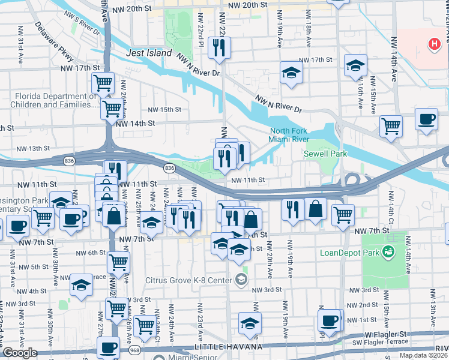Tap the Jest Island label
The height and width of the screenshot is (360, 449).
tap(149, 53)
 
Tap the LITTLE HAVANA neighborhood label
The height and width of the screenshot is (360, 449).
tap(228, 347)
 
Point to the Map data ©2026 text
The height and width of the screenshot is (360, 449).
tap(423, 355)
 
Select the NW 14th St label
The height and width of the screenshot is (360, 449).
tap(136, 123)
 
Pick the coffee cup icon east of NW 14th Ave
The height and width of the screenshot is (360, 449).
tap(426, 119)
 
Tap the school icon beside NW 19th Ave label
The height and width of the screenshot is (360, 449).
tap(291, 73)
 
